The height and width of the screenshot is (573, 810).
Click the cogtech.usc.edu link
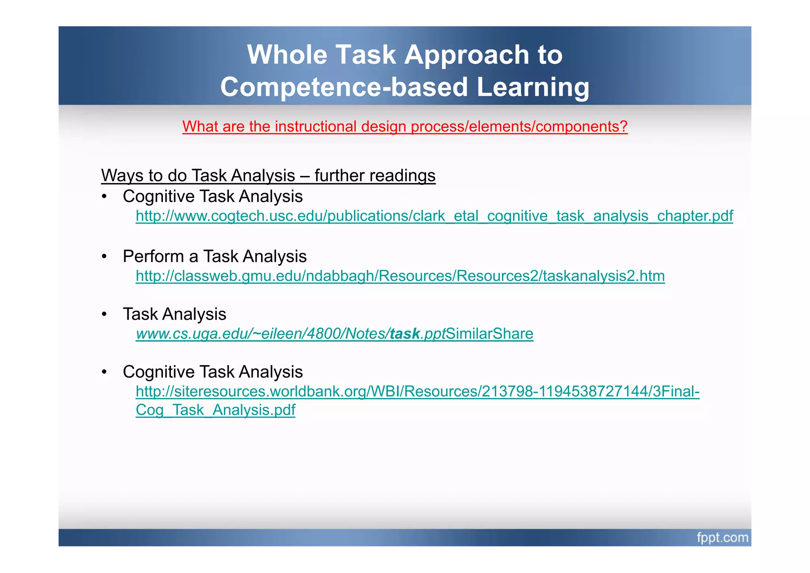[x=434, y=216]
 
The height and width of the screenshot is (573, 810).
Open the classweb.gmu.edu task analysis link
[x=400, y=276]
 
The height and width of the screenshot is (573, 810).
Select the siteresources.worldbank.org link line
[x=418, y=391]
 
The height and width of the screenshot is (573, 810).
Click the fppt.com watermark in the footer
[x=722, y=538]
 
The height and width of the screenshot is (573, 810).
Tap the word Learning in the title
[x=533, y=87]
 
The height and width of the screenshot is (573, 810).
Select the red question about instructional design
[x=405, y=127]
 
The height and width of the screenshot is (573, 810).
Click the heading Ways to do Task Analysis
[x=268, y=175]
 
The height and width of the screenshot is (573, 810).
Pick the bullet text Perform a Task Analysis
[x=215, y=256]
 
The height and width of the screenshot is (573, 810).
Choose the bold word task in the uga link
[x=405, y=334]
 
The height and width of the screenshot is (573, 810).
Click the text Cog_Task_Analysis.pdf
[x=216, y=410]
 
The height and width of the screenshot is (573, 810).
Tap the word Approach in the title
[x=467, y=55]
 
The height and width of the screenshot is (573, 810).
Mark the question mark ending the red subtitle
[x=624, y=127]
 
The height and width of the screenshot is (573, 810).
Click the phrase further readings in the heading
[x=375, y=175]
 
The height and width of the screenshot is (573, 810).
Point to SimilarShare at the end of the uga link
[x=490, y=334]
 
